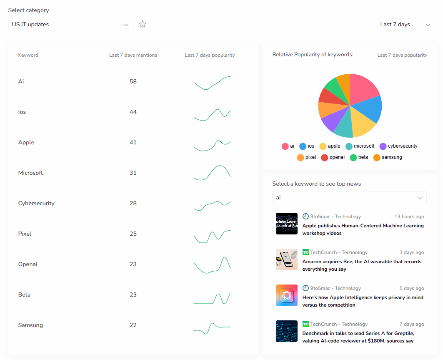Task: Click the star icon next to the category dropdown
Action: (x=143, y=24)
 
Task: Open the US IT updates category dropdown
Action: (x=70, y=25)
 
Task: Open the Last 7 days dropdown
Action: (x=405, y=25)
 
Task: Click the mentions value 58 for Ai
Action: (x=133, y=81)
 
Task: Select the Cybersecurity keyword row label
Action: (x=36, y=204)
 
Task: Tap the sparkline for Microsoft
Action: (x=212, y=173)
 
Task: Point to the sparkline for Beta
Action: (x=212, y=298)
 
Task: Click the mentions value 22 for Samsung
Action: (x=133, y=325)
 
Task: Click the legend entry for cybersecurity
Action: (x=398, y=146)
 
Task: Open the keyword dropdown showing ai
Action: (x=349, y=198)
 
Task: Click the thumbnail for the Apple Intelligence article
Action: (x=287, y=295)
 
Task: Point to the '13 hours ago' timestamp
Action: (x=409, y=217)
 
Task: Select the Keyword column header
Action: (x=28, y=55)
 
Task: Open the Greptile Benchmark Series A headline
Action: (x=358, y=337)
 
